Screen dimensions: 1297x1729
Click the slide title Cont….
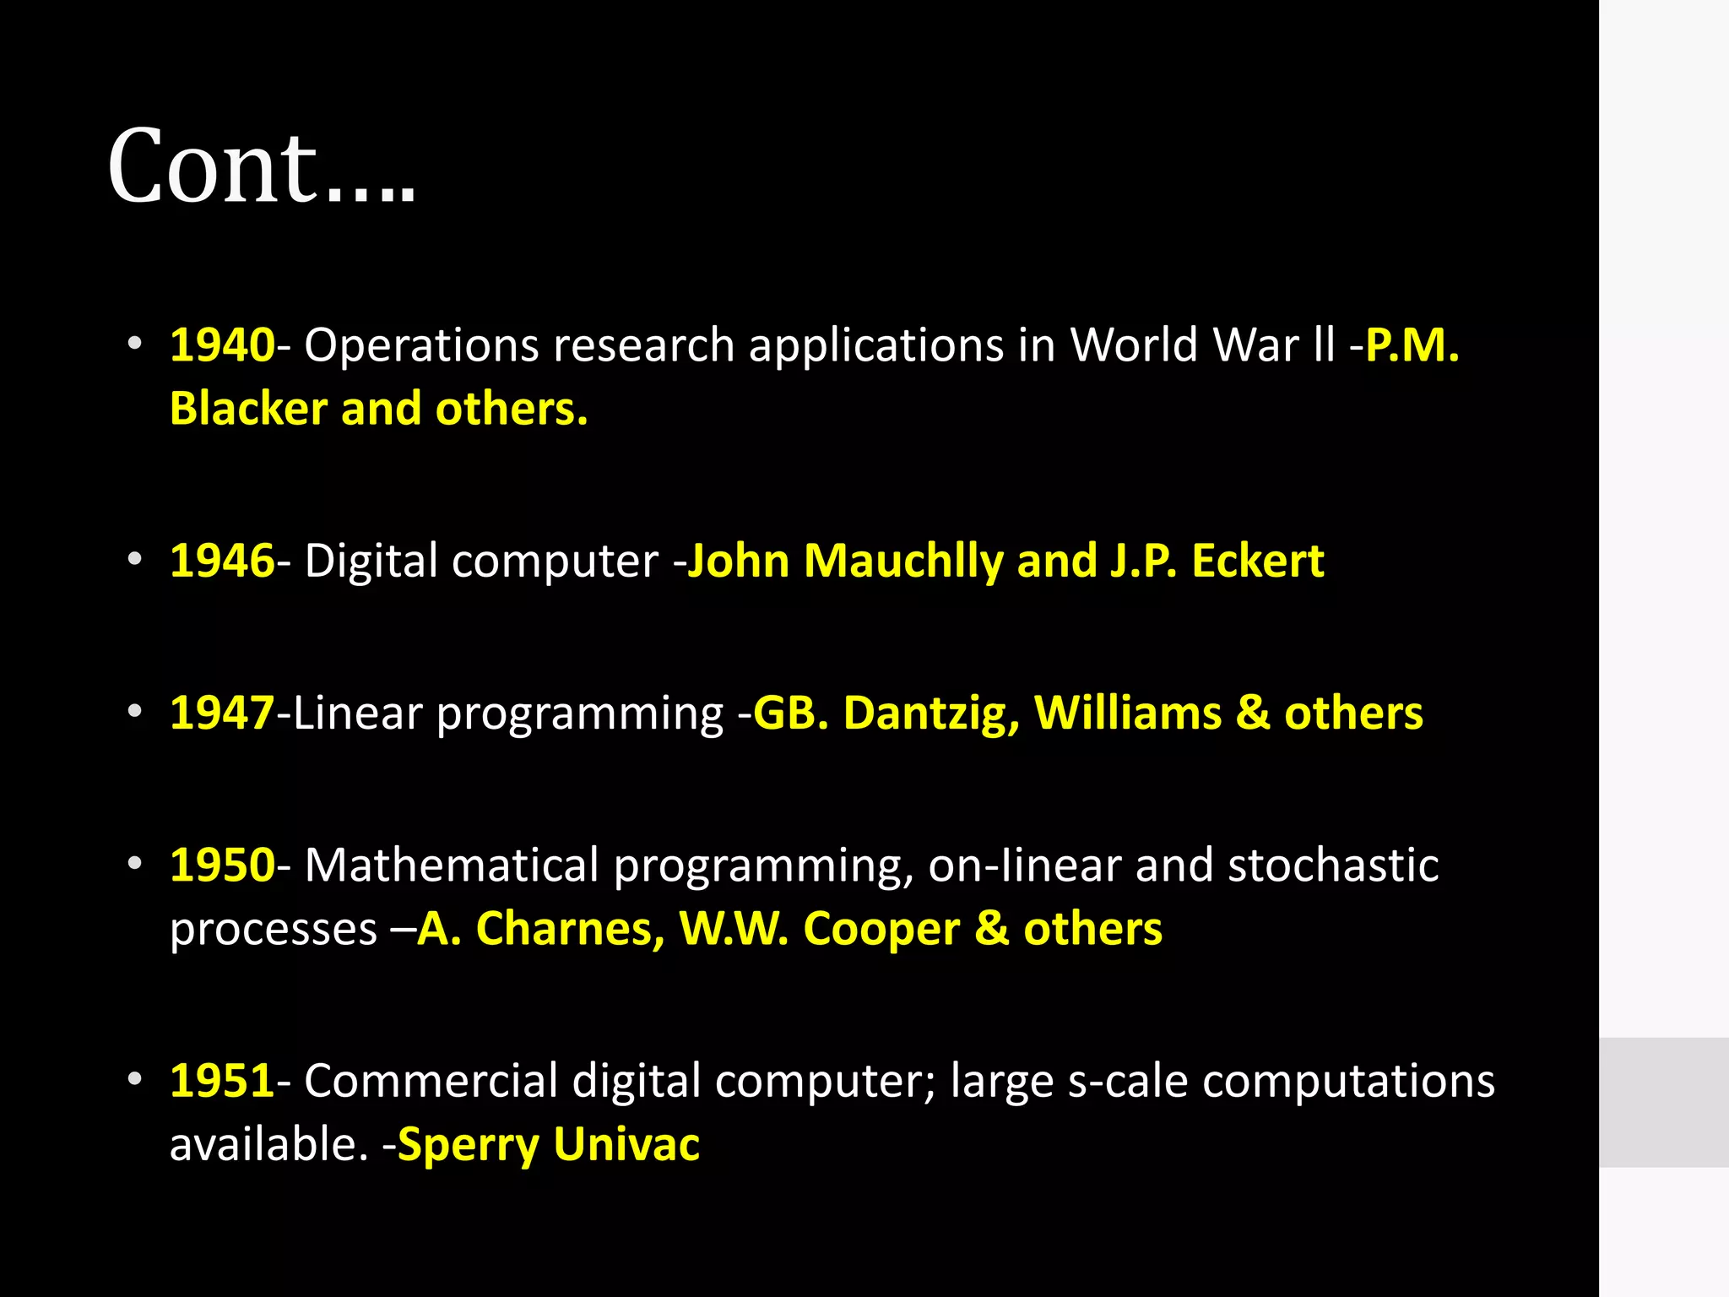click(x=262, y=167)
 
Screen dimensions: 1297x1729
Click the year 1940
click(x=222, y=345)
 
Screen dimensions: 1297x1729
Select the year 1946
click(x=222, y=561)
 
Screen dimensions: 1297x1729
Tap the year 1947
click(x=222, y=713)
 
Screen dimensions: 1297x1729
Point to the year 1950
click(x=222, y=865)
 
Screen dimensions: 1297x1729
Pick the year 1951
click(x=222, y=1081)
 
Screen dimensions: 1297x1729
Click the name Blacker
click(x=248, y=409)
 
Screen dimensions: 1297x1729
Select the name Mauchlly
click(x=902, y=561)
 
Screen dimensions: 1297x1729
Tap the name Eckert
click(x=1257, y=561)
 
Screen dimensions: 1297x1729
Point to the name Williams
click(x=1128, y=713)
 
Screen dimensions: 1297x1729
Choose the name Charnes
click(x=571, y=929)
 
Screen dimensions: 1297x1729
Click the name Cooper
click(x=881, y=929)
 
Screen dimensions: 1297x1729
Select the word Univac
click(x=626, y=1145)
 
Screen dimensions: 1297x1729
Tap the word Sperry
click(x=468, y=1145)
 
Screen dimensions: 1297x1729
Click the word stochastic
click(x=1333, y=865)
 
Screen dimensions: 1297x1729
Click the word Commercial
click(x=431, y=1081)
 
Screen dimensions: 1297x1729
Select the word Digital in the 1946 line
click(x=371, y=561)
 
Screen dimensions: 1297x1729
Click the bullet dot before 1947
click(x=135, y=713)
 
